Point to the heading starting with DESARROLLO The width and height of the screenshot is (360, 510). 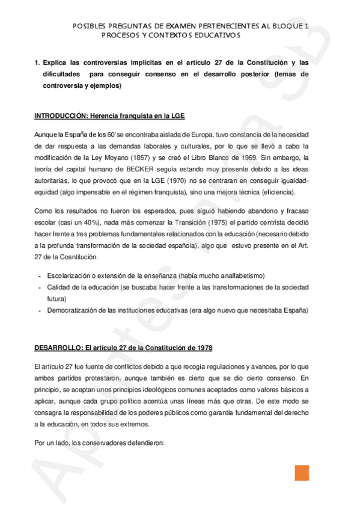pos(123,348)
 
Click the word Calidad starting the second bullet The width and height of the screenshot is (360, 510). pos(59,287)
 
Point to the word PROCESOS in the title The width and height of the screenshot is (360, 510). pos(120,35)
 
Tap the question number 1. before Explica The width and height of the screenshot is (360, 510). pos(37,62)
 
